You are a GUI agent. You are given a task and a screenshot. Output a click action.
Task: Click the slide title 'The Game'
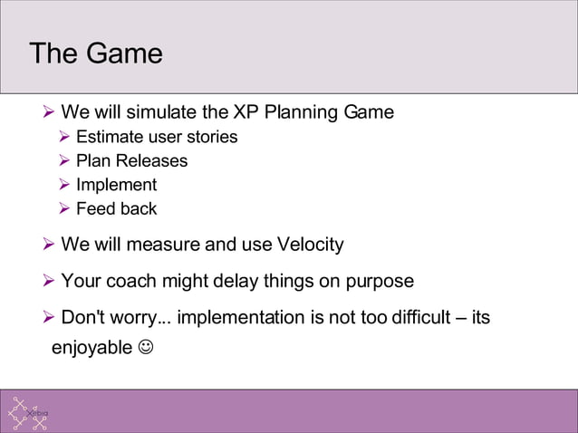point(96,53)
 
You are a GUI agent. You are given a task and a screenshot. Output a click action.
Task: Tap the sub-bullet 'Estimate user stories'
point(157,137)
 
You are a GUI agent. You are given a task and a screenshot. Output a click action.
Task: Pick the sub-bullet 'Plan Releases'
point(131,161)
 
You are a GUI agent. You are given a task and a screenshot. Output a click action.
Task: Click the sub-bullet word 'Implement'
point(116,185)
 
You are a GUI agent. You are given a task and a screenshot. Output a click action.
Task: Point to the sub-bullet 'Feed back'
point(116,209)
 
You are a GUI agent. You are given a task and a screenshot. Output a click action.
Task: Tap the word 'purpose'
point(380,282)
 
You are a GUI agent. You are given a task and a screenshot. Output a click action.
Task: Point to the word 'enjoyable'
point(91,346)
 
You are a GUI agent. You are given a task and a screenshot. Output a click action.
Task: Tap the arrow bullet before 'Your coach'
point(50,282)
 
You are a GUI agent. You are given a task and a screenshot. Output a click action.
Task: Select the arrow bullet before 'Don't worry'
point(50,318)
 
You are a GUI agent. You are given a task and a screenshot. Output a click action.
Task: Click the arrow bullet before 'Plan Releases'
point(64,161)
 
